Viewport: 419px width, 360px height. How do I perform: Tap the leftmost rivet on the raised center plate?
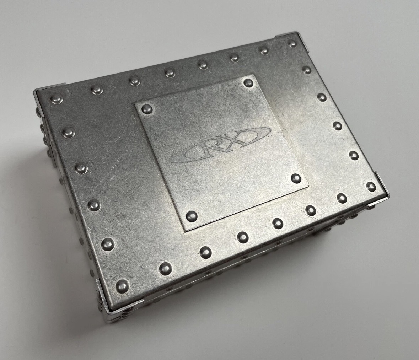pos(147,109)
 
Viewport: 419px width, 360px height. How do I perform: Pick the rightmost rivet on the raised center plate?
pos(296,178)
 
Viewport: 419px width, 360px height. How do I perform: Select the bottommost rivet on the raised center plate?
pos(191,216)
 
